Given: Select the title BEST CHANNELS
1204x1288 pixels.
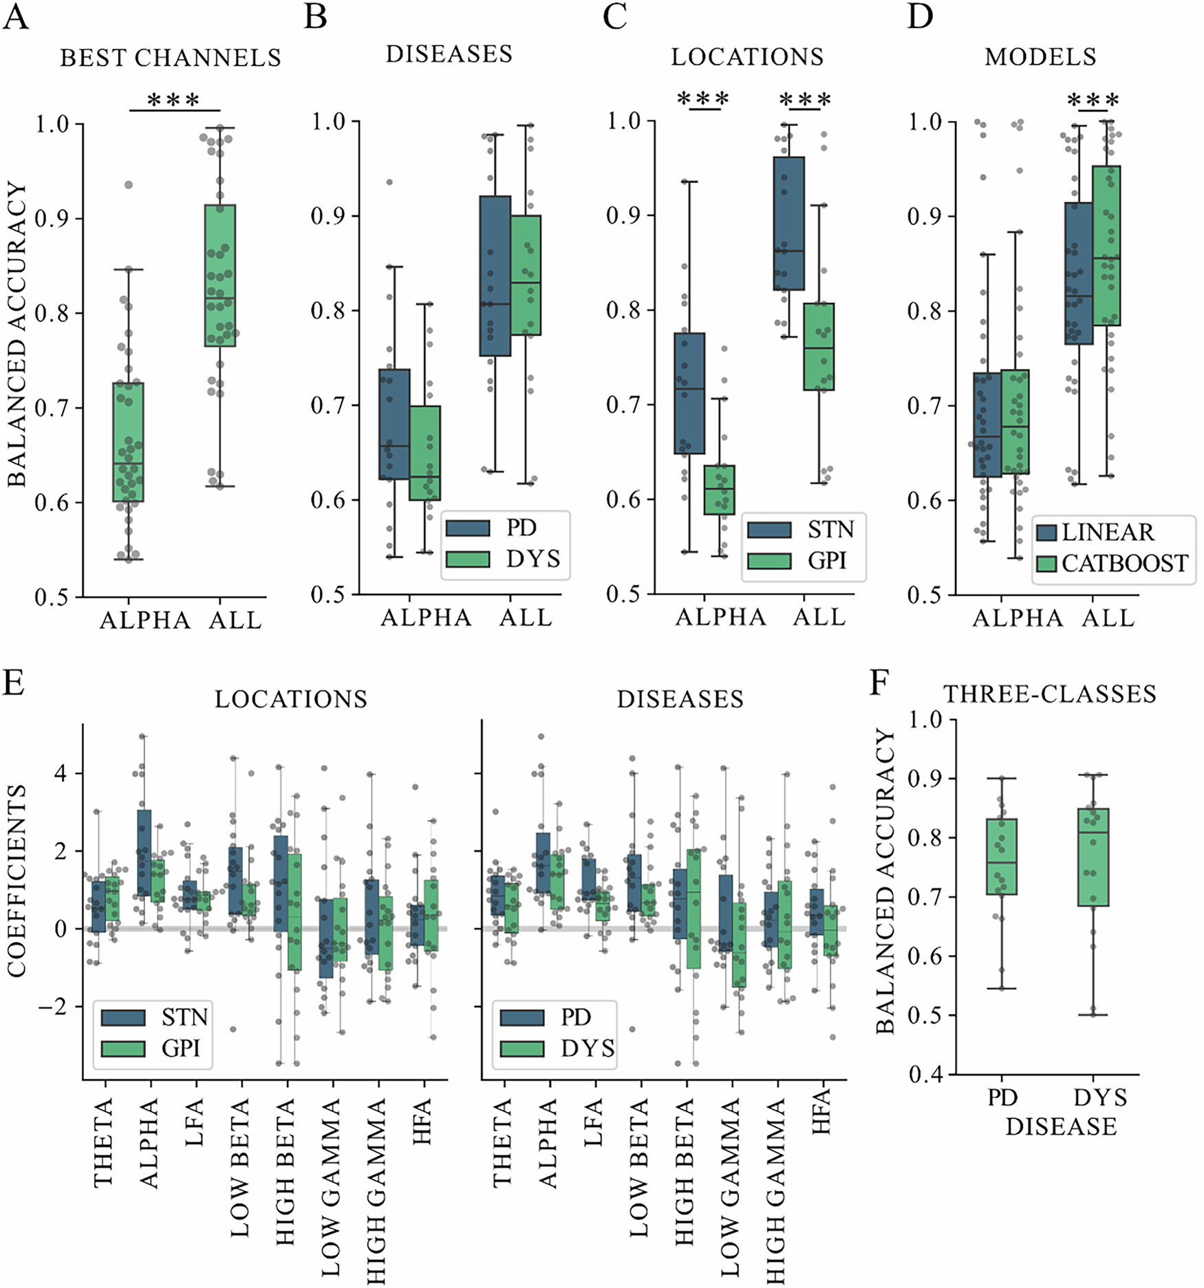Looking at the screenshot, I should coord(171,58).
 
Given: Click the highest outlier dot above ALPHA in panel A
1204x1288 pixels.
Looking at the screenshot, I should coord(128,185).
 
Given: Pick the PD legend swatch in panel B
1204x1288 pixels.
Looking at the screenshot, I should coord(468,528).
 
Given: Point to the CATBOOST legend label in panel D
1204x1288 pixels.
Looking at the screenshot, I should coord(1124,563).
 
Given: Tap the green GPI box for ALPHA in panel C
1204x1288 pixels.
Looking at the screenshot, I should coord(720,490).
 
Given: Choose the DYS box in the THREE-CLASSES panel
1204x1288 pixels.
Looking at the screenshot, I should coord(1093,857).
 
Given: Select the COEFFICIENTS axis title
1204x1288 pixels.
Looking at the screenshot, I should coord(17,881).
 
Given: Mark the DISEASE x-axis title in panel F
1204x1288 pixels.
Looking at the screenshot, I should coord(1061,1126).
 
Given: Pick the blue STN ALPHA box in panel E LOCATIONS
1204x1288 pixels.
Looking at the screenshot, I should coord(144,853).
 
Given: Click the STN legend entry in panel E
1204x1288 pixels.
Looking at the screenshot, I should coord(154,1018).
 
